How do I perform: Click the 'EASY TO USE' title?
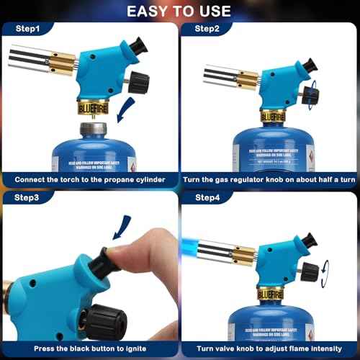click(x=179, y=11)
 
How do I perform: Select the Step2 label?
click(x=206, y=30)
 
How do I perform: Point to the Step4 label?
click(x=206, y=198)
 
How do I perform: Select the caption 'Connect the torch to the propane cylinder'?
click(x=89, y=179)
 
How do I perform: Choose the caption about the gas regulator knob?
click(x=269, y=179)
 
